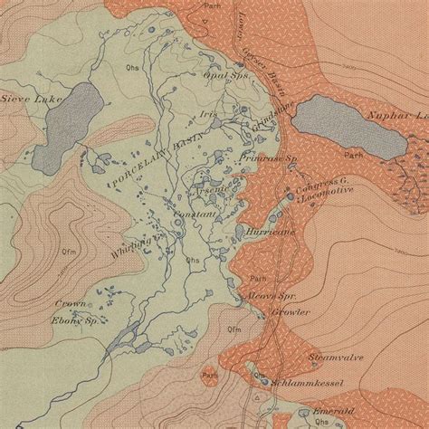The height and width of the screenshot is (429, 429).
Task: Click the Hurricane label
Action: click(266, 232)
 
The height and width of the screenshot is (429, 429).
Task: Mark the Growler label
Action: click(291, 313)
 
